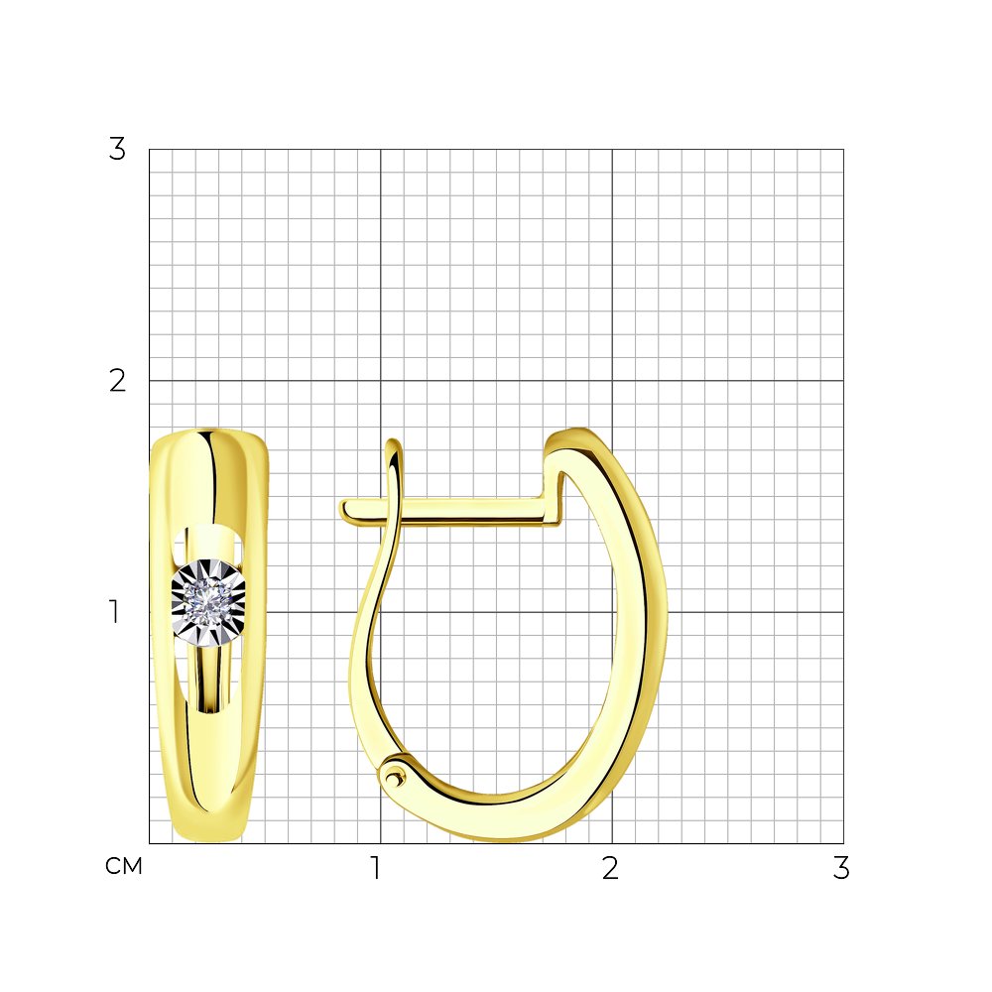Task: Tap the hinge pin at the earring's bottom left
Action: coord(394,776)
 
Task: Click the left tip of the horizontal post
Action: coord(341,510)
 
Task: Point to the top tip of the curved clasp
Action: coord(393,441)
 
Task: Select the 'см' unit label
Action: coord(124,866)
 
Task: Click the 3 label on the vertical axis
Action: coord(117,150)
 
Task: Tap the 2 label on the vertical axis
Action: coord(117,381)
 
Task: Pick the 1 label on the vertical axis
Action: coord(114,612)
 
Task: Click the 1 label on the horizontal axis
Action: coord(376,868)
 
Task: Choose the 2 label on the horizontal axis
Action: coord(610,868)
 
